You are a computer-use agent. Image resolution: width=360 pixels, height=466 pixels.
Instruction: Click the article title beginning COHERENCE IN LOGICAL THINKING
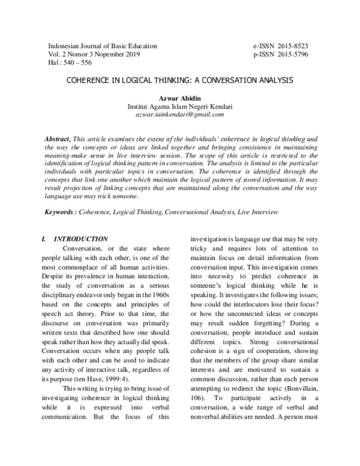pos(179,79)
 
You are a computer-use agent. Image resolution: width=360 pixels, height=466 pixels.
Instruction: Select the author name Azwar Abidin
pos(179,98)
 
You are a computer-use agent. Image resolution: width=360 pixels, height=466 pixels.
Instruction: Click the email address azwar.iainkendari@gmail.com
pos(179,114)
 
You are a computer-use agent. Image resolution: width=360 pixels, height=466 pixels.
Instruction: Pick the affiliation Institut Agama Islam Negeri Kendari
pos(179,106)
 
